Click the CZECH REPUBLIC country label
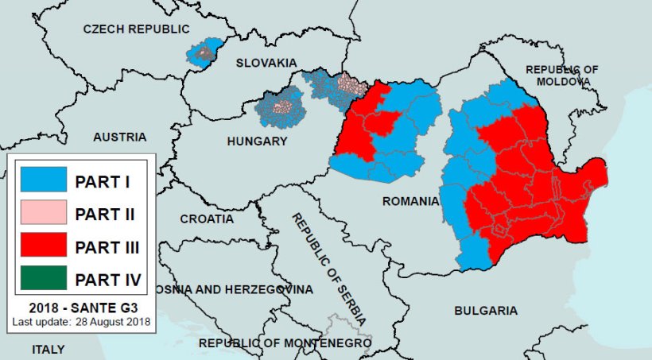coord(137,29)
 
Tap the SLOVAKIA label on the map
coord(265,63)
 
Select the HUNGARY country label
coord(256,141)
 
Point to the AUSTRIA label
coord(119,137)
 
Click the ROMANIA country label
coord(410,201)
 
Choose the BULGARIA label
coord(485,310)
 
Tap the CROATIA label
coord(207,219)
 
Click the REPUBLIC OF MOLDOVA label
coord(562,75)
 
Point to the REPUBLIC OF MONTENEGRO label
coord(285,343)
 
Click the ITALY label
coord(49,349)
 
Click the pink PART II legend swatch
coord(43,214)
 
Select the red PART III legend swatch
coord(43,247)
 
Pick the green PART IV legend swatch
coord(43,280)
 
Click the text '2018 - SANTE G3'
coord(81,308)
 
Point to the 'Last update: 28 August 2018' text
coord(81,322)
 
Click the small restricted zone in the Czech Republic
coord(206,52)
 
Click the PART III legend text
coord(107,247)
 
